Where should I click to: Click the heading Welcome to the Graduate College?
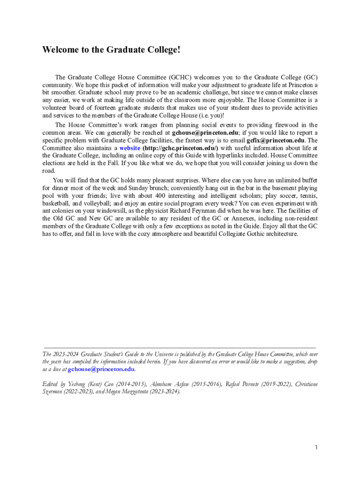tap(111, 50)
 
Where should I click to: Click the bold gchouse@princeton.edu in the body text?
tap(206, 133)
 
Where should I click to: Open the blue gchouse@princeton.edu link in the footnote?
tap(102, 369)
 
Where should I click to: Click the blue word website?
tap(130, 148)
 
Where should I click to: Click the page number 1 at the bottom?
tap(317, 448)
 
